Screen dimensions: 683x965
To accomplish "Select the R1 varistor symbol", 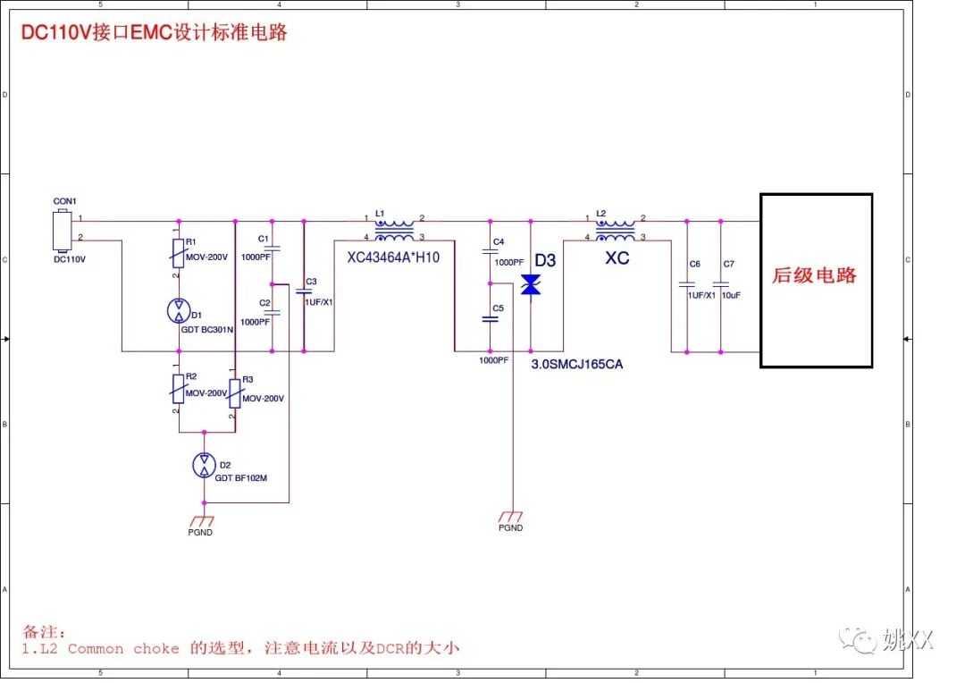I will [x=179, y=253].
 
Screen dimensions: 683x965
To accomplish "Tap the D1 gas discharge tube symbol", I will [x=179, y=311].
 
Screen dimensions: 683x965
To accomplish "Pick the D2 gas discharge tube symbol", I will [x=205, y=465].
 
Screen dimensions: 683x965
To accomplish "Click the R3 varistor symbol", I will [x=234, y=392].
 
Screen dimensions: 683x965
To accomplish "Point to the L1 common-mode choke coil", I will [x=394, y=228].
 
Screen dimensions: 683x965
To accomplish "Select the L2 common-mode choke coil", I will [x=615, y=228].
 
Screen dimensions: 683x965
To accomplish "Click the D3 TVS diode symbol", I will [x=531, y=285].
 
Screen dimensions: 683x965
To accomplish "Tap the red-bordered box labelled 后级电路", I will [x=816, y=280].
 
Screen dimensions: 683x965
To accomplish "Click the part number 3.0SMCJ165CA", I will [x=576, y=364].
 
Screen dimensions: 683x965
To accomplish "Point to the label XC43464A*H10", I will [x=394, y=257].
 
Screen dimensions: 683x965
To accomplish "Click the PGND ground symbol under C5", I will [x=512, y=517].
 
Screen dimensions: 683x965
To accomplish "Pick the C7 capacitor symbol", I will [x=720, y=284].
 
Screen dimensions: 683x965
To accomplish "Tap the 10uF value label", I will [x=733, y=295].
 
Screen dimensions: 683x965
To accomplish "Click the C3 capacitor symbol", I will [x=304, y=291].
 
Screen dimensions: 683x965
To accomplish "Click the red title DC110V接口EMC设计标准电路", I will [x=155, y=34].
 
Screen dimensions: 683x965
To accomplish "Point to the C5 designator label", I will [x=498, y=308].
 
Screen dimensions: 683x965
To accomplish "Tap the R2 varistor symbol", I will [x=179, y=388].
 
